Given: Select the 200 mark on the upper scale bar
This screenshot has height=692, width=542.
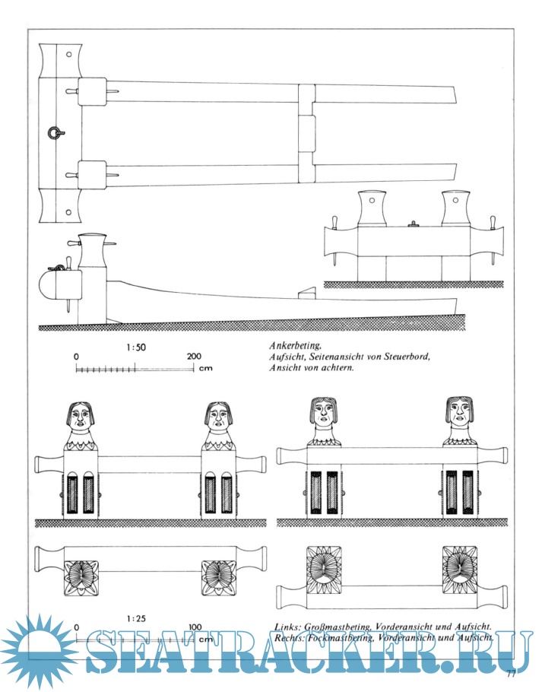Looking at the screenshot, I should pos(194,356).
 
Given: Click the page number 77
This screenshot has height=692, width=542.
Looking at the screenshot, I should pos(511,673).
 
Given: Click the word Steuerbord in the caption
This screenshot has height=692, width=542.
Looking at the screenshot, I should pos(404,356).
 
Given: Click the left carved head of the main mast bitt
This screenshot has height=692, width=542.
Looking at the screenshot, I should pos(81,418).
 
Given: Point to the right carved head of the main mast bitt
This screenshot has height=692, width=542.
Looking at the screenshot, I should pos(217,418).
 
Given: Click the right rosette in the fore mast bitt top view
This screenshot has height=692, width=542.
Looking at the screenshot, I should pos(460,567).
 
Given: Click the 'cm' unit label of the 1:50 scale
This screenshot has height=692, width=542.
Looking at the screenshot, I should pos(205,370).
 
